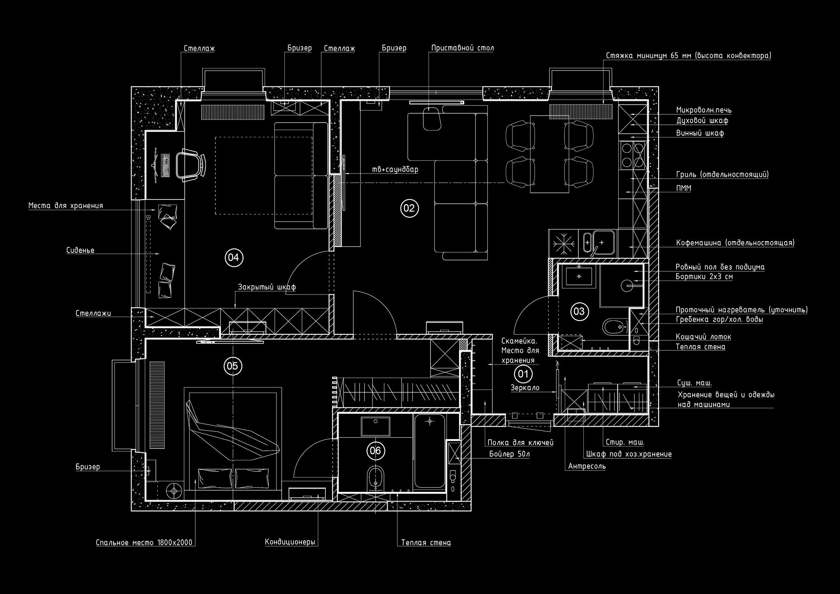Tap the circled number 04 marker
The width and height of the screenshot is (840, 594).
234,258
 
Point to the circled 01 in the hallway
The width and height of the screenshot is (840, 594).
523,373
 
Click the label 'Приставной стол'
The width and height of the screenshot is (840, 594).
462,48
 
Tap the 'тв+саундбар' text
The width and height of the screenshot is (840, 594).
395,170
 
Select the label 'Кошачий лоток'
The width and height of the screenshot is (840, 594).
703,337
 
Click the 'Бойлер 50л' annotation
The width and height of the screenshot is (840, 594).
509,454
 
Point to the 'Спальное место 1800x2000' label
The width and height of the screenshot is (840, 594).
144,542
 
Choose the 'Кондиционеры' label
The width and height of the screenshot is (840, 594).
290,542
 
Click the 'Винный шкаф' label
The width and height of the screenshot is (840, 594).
700,133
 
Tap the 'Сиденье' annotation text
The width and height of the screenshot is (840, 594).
80,250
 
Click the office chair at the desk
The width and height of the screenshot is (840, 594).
191,166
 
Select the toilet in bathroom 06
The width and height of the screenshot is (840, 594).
375,478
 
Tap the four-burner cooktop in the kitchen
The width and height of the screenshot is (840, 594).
633,155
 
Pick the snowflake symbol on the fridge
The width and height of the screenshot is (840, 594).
563,244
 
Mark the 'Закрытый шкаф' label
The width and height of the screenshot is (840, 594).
267,287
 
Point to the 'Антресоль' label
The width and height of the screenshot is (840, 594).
587,466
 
